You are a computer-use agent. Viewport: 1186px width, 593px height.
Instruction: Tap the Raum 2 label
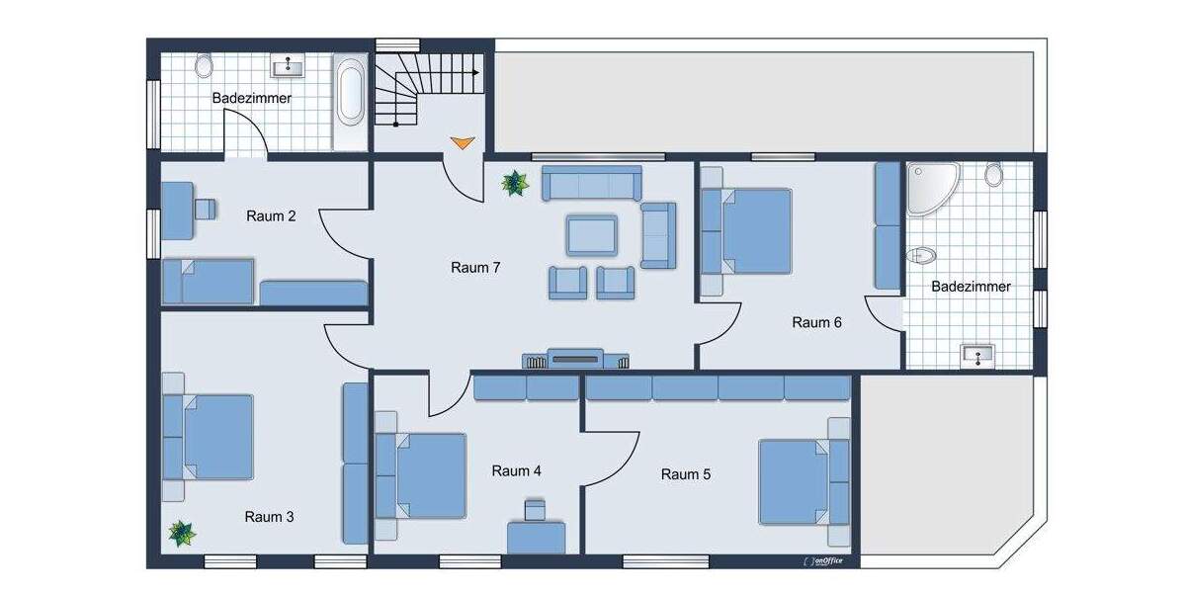point(271,215)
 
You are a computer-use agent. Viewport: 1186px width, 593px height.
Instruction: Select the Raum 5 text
point(686,474)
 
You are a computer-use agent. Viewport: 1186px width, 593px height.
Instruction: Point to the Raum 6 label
point(816,322)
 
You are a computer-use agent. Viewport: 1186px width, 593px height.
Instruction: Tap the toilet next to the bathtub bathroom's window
point(204,66)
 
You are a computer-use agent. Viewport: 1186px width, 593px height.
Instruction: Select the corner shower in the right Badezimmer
point(930,189)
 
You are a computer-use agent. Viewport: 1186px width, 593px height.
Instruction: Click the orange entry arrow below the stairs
point(462,142)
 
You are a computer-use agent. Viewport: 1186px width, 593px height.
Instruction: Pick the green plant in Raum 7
point(514,183)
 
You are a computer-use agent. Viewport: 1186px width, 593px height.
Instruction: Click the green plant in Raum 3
point(182,534)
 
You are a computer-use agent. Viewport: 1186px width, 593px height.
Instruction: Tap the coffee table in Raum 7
point(592,235)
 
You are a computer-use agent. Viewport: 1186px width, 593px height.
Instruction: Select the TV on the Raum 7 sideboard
point(574,358)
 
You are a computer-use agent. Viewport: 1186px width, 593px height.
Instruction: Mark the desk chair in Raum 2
point(206,209)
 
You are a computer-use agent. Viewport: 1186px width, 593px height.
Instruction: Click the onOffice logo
point(832,560)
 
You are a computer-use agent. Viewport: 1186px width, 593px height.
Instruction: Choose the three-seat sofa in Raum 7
point(591,184)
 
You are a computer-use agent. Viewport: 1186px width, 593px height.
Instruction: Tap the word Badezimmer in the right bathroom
point(972,287)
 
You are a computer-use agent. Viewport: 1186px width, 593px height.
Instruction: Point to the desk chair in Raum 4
point(535,510)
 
